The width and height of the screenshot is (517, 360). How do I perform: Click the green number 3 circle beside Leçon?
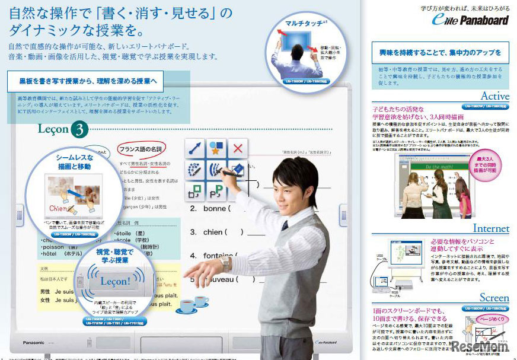click(79, 129)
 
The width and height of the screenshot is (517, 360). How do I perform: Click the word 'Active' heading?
click(494, 96)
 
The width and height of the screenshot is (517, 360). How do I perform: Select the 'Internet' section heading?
click(490, 228)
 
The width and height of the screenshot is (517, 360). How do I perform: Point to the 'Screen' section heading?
click(494, 298)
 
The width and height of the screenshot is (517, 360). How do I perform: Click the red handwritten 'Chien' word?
click(61, 208)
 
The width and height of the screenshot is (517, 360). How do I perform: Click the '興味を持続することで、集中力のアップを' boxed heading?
click(440, 53)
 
